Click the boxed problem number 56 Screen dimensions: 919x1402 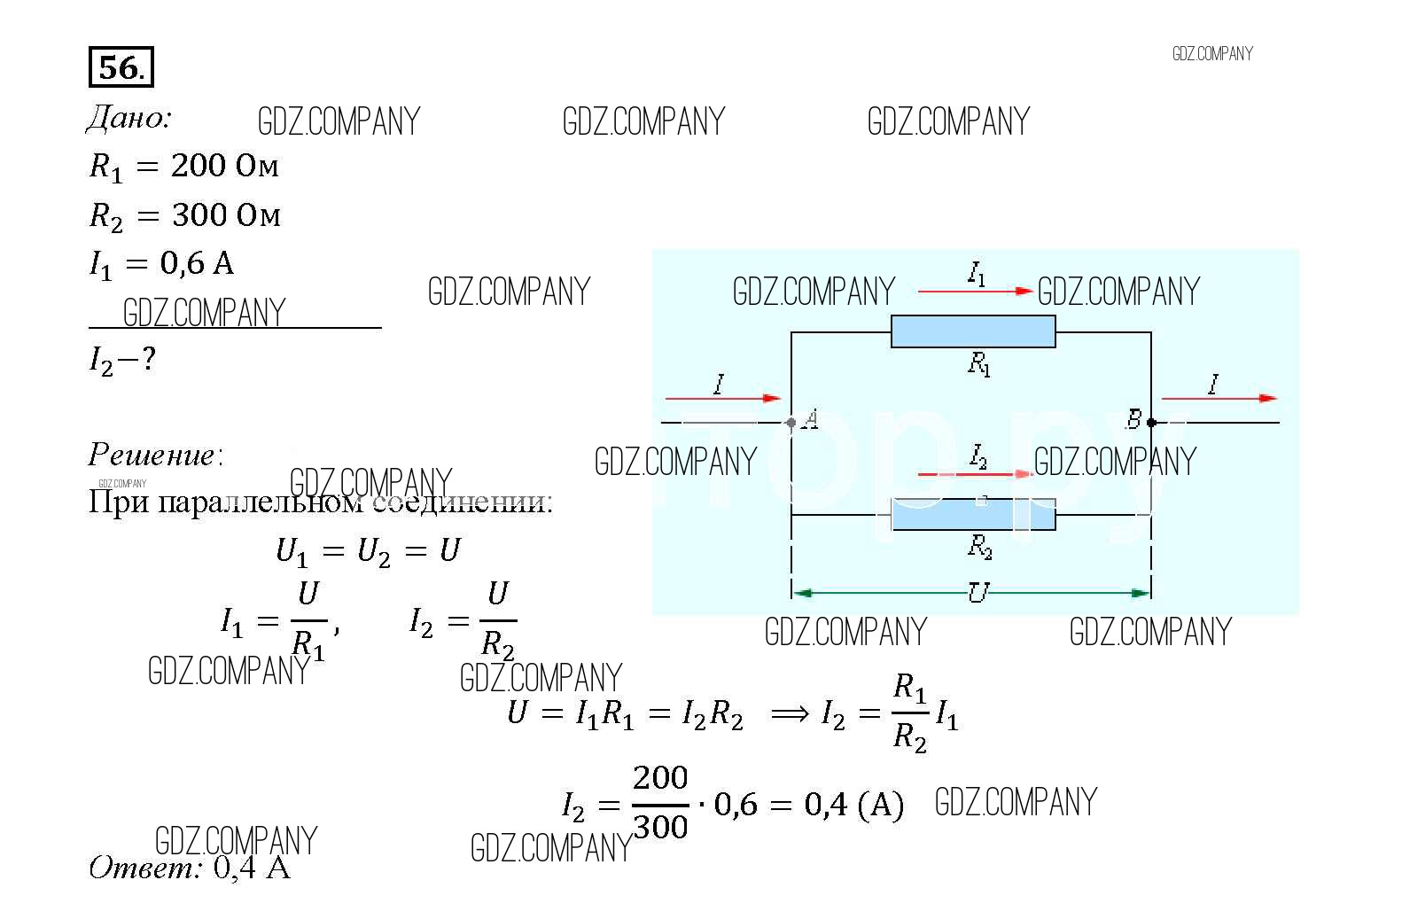coord(121,67)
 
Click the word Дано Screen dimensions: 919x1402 coord(129,118)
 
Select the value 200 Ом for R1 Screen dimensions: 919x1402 coord(225,166)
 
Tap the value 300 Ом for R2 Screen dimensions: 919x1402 coord(226,214)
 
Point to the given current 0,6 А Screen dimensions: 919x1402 coord(197,263)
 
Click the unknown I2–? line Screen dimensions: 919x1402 coord(122,360)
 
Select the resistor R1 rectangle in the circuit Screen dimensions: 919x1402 coord(972,331)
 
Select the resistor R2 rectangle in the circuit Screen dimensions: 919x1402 coord(972,514)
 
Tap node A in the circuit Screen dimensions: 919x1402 coord(791,423)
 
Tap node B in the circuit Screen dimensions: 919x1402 coord(1150,423)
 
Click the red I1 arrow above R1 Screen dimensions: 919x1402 coord(975,291)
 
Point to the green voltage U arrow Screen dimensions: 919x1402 coord(971,592)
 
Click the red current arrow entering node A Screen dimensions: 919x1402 coord(721,399)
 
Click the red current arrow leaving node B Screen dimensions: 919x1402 coord(1219,399)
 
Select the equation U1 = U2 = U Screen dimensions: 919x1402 coord(368,551)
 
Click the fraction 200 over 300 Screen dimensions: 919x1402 coord(660,803)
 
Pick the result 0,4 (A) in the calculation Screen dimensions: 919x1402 coord(853,805)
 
